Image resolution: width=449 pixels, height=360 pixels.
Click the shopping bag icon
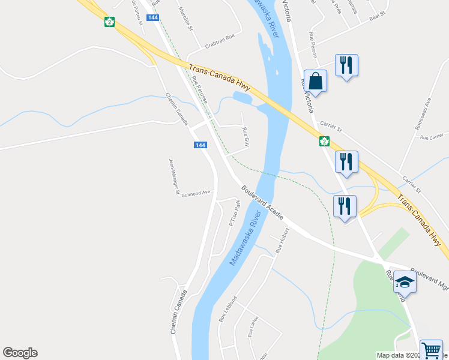tap(315, 80)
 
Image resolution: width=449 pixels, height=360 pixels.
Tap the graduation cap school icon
tap(405, 283)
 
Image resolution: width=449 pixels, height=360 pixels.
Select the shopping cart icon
tap(430, 350)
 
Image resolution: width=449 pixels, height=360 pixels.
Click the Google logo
tap(20, 353)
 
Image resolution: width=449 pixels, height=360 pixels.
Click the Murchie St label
tap(185, 19)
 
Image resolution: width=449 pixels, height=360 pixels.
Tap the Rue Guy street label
tap(246, 137)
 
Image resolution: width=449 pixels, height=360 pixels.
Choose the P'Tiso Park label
tap(235, 214)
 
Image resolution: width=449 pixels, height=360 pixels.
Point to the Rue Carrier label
tap(431, 137)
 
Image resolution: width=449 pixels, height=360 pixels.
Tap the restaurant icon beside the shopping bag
tap(346, 65)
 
